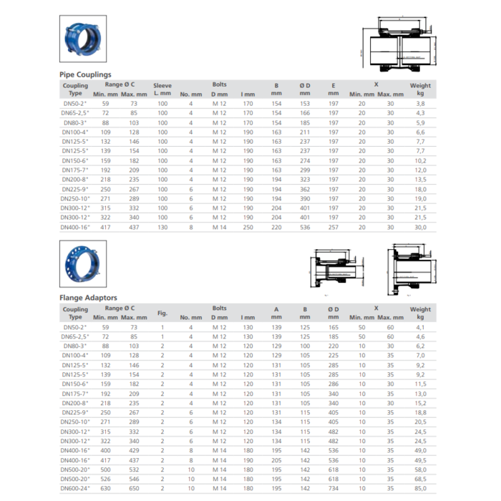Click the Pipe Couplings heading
85,74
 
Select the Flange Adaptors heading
88,298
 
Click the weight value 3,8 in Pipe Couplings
421,104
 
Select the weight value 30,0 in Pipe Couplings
421,227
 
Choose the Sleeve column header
162,89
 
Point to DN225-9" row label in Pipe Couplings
75,189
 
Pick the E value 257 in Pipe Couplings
334,227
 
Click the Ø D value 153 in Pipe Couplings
305,104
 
